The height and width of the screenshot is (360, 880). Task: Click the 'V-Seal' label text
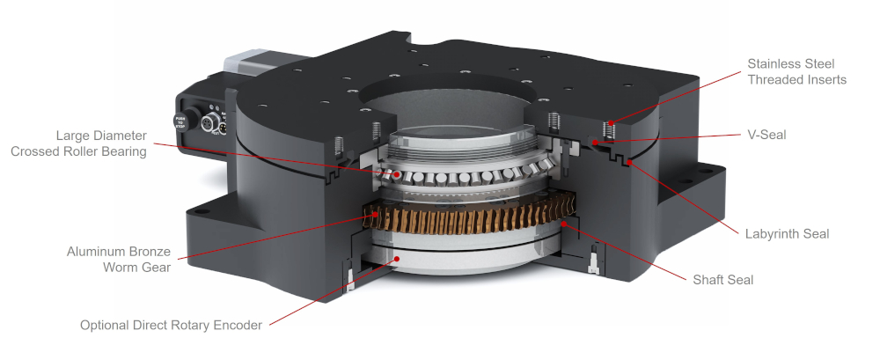coord(766,136)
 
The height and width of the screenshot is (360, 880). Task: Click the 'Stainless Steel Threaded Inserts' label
coord(796,71)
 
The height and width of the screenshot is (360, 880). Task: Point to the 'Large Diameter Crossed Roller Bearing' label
coord(78,143)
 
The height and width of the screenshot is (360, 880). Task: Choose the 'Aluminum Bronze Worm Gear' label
coord(119,259)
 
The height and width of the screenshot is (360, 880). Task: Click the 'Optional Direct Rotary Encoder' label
coord(171,325)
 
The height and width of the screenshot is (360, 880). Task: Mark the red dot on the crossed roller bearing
coord(397,174)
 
